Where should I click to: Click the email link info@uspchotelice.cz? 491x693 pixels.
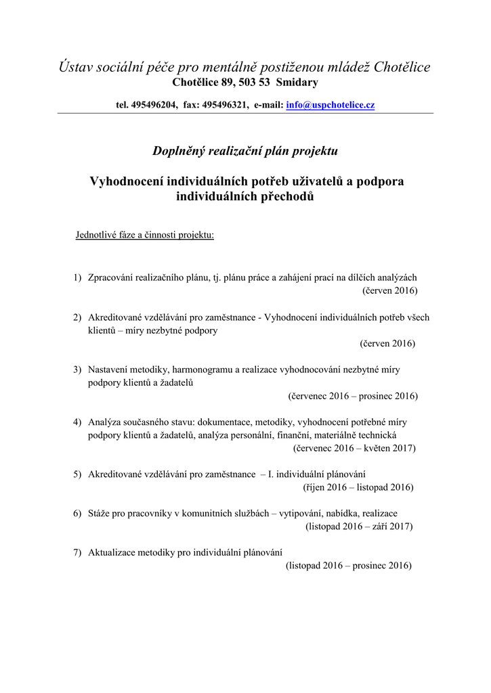click(x=330, y=105)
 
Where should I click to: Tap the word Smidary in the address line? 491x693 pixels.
click(x=296, y=83)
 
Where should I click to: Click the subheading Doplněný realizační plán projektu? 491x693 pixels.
click(x=244, y=150)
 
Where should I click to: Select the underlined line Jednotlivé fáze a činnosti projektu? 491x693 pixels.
click(x=144, y=236)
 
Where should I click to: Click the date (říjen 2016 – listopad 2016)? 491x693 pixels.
click(x=358, y=487)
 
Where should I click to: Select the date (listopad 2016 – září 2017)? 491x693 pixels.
click(x=359, y=526)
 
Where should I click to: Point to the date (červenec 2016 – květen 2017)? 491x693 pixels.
click(x=354, y=448)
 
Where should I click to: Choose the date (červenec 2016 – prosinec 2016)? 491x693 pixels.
click(x=353, y=396)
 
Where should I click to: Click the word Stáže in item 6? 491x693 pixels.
click(x=100, y=513)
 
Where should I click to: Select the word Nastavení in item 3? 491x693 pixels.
click(x=110, y=370)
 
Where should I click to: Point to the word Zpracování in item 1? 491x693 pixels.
click(x=112, y=277)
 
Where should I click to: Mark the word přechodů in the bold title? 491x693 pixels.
click(x=286, y=197)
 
